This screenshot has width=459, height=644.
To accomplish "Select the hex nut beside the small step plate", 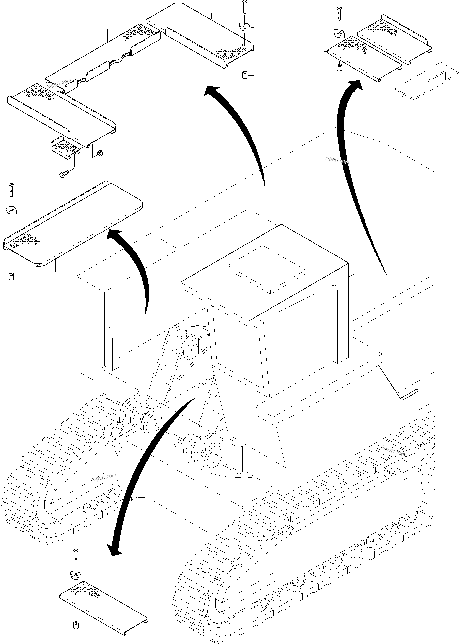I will coord(99,153).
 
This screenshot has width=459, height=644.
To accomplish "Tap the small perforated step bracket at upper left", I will coord(65,147).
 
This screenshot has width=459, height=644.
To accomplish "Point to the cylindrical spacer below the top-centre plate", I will coord(245,75).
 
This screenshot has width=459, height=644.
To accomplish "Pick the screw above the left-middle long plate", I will coord(11,190).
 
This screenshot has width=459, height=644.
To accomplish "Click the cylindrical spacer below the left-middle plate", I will coord(11,276).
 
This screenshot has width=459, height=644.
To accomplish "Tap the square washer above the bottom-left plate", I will coord(76,575).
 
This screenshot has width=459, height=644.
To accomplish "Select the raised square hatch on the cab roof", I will coord(266,269).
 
